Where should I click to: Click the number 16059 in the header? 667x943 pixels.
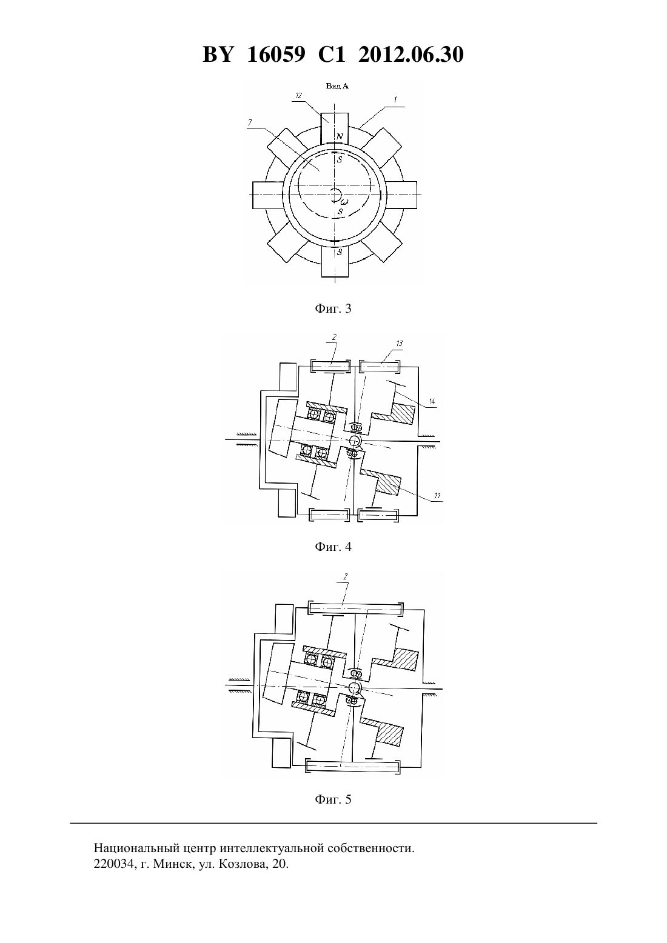[x=276, y=55]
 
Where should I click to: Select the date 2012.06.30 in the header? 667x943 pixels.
[x=411, y=55]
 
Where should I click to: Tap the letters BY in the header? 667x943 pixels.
[x=218, y=55]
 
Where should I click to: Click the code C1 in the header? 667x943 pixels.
[x=332, y=55]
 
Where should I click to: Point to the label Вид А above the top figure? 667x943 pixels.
[x=337, y=86]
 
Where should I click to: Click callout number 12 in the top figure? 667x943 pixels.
[x=298, y=96]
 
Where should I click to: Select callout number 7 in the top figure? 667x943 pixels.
[x=250, y=123]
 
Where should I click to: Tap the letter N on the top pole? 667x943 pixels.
[x=340, y=136]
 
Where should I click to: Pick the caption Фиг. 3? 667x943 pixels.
[x=333, y=308]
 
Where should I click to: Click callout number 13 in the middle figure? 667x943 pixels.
[x=399, y=343]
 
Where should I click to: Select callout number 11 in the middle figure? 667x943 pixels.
[x=437, y=496]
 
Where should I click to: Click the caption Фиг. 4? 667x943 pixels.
[x=333, y=547]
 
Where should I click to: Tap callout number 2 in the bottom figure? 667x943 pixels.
[x=345, y=577]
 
